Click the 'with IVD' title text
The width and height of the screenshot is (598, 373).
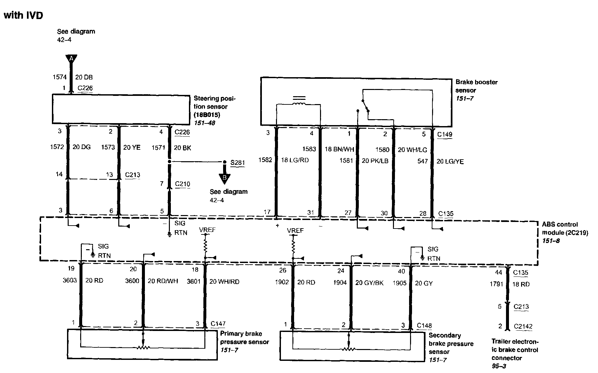23,15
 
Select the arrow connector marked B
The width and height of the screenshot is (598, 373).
225,178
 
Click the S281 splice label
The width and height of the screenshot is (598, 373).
238,163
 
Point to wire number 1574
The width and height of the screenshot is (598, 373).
59,77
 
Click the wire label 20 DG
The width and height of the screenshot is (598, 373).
81,147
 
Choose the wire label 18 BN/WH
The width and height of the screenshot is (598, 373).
339,149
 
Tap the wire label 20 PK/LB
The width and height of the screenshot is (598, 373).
375,161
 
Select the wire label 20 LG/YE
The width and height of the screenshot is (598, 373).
450,161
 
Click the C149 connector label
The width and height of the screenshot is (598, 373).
445,134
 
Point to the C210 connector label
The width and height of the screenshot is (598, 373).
182,184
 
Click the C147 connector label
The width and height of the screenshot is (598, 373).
218,324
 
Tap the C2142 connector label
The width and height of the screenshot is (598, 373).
523,326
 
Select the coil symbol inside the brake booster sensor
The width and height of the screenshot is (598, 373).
299,102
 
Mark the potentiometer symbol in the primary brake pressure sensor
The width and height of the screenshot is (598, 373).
143,347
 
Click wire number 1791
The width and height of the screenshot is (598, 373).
496,284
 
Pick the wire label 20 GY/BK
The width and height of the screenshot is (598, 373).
369,283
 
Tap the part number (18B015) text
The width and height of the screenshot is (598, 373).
207,115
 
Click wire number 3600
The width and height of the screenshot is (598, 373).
132,281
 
